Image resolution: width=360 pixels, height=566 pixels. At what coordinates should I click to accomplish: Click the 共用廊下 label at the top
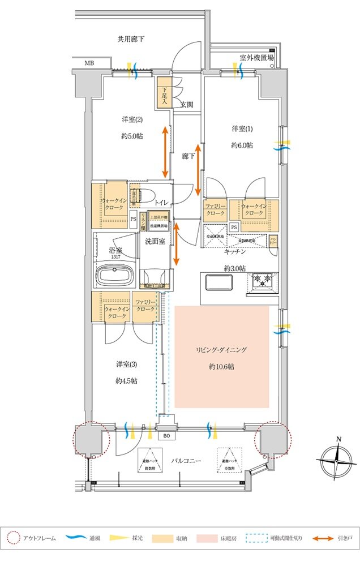tap(131, 39)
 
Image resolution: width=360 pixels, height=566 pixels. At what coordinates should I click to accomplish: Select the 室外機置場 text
tap(256, 58)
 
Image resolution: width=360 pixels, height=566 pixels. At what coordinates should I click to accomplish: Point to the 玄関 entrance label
tap(187, 104)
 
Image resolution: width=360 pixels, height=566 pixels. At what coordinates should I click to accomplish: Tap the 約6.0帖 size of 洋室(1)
tap(242, 145)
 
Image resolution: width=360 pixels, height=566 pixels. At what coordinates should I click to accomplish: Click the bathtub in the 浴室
tap(115, 277)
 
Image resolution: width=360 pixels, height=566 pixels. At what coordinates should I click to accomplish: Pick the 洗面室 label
tap(155, 241)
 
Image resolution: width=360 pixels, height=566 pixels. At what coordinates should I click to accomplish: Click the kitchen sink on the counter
tap(220, 281)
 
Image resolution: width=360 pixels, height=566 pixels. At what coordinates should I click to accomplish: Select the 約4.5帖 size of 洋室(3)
tap(126, 380)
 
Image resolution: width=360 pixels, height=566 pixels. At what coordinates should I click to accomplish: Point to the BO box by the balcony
tap(166, 436)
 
